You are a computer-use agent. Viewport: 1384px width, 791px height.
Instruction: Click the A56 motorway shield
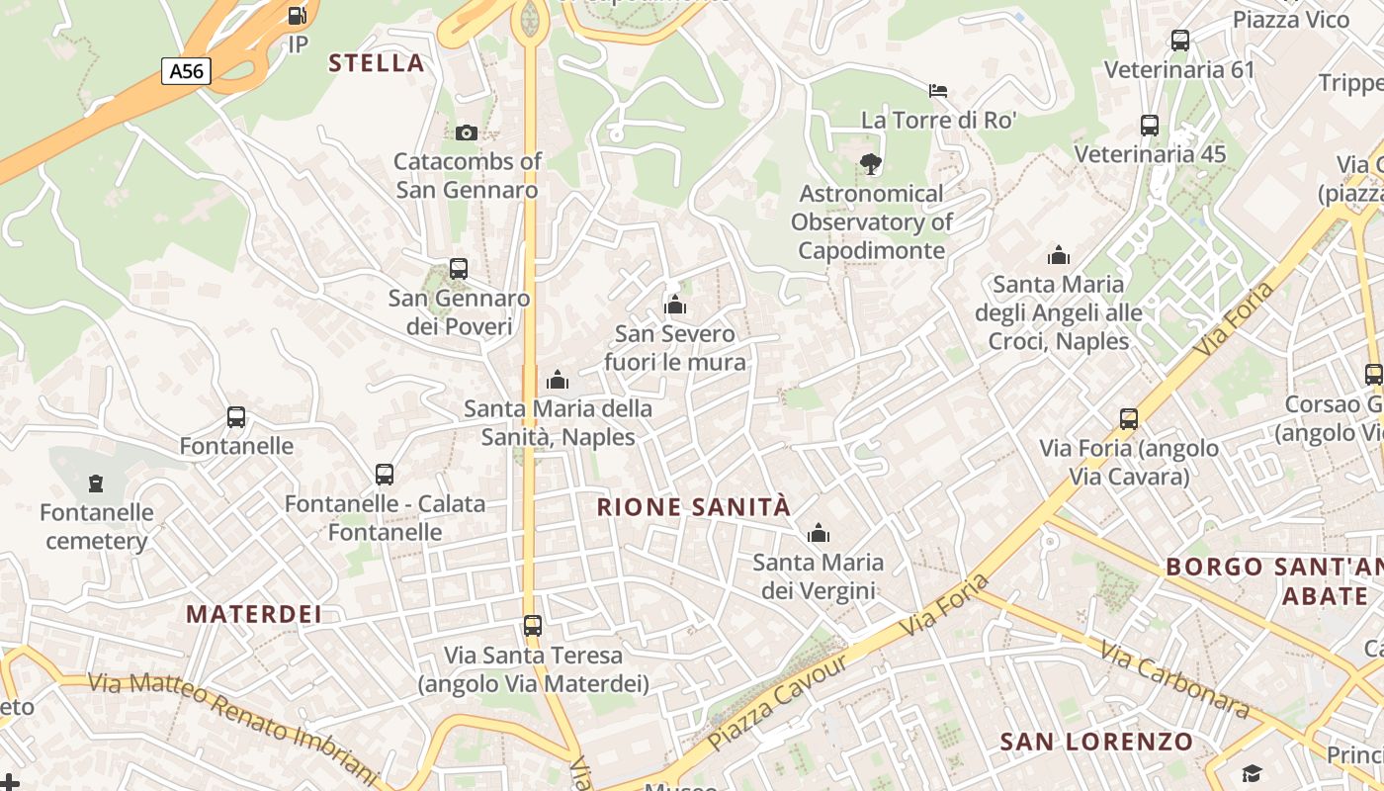[186, 71]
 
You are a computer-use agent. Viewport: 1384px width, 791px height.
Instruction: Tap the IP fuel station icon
[297, 16]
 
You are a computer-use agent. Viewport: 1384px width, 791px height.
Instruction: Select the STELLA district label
[376, 63]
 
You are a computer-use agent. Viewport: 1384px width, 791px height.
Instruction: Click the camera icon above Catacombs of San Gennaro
[467, 132]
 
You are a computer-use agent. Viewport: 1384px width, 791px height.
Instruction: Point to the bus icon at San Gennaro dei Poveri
[458, 268]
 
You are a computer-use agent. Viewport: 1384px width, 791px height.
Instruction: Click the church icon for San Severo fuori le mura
[675, 305]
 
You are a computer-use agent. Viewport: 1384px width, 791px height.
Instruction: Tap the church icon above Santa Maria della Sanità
[558, 380]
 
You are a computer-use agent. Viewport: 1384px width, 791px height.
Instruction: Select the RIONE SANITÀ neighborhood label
[694, 507]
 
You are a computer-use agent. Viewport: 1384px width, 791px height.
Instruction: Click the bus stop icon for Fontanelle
[235, 417]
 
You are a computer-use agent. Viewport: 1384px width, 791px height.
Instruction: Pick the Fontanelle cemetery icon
[95, 483]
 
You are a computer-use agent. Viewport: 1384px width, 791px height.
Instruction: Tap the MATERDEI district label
[254, 614]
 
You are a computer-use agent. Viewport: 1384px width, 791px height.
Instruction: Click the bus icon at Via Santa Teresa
[533, 625]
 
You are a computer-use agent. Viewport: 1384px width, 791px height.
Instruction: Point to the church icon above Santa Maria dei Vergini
[818, 534]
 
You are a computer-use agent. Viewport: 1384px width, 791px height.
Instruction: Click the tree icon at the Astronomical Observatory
[870, 164]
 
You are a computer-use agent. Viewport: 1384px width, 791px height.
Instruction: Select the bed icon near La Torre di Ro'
[938, 91]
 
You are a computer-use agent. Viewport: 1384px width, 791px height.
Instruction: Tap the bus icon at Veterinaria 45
[1149, 126]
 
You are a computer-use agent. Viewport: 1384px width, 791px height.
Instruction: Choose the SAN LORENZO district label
[1096, 742]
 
